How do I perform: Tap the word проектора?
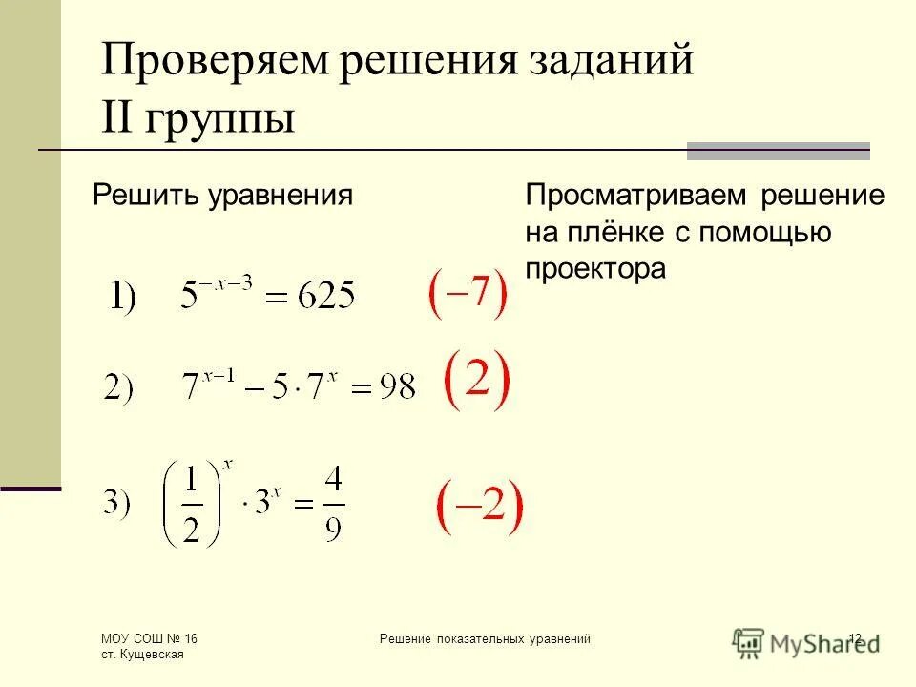tap(594, 269)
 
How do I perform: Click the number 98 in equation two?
tap(395, 385)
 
